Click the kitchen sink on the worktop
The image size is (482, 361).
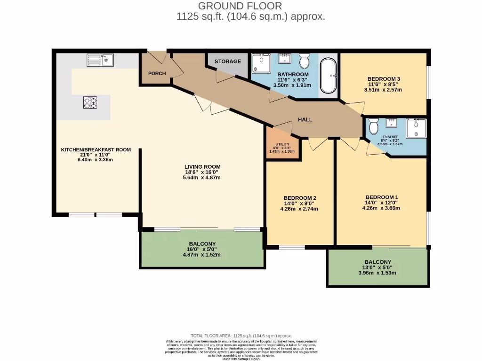click(100, 60)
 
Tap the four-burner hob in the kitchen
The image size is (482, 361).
click(90, 102)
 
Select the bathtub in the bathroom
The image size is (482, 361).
click(328, 76)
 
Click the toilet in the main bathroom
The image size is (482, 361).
click(304, 60)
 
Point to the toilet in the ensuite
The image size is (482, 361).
click(374, 126)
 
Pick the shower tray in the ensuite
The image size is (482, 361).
click(416, 128)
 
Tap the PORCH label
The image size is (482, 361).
click(157, 73)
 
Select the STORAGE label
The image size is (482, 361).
click(228, 62)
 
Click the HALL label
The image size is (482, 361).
click(305, 119)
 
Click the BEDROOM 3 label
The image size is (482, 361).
click(383, 78)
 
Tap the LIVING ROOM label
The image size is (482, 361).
click(202, 167)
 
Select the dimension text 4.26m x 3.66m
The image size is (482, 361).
click(382, 208)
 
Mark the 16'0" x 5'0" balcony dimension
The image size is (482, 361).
click(202, 249)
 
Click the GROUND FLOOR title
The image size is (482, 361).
click(240, 6)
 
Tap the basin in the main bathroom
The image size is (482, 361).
click(285, 59)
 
